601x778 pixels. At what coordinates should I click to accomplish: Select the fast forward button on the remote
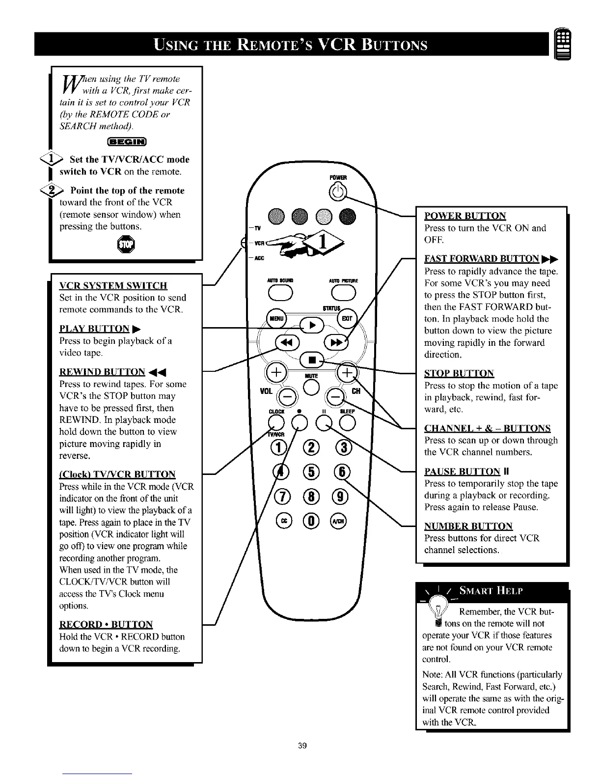[x=336, y=342]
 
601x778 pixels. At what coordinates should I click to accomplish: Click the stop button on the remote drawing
[x=311, y=360]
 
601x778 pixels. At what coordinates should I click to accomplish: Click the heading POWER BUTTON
[x=464, y=216]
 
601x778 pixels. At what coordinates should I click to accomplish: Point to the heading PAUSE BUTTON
[x=462, y=472]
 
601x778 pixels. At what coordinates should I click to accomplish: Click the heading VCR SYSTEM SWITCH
[x=113, y=286]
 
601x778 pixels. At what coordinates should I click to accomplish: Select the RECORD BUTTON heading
[x=106, y=625]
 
